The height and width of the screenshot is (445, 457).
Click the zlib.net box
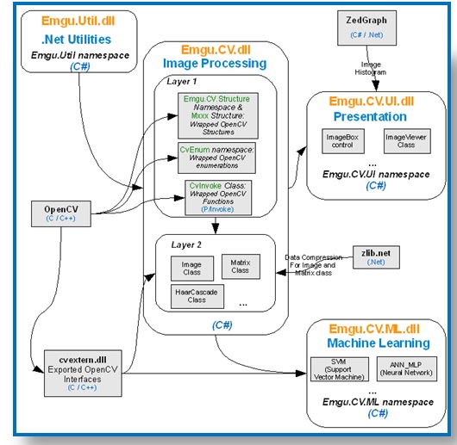click(372, 256)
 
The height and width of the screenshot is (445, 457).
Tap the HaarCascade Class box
click(197, 295)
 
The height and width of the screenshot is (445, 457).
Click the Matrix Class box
click(240, 265)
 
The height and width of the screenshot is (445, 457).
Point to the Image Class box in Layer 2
click(191, 267)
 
